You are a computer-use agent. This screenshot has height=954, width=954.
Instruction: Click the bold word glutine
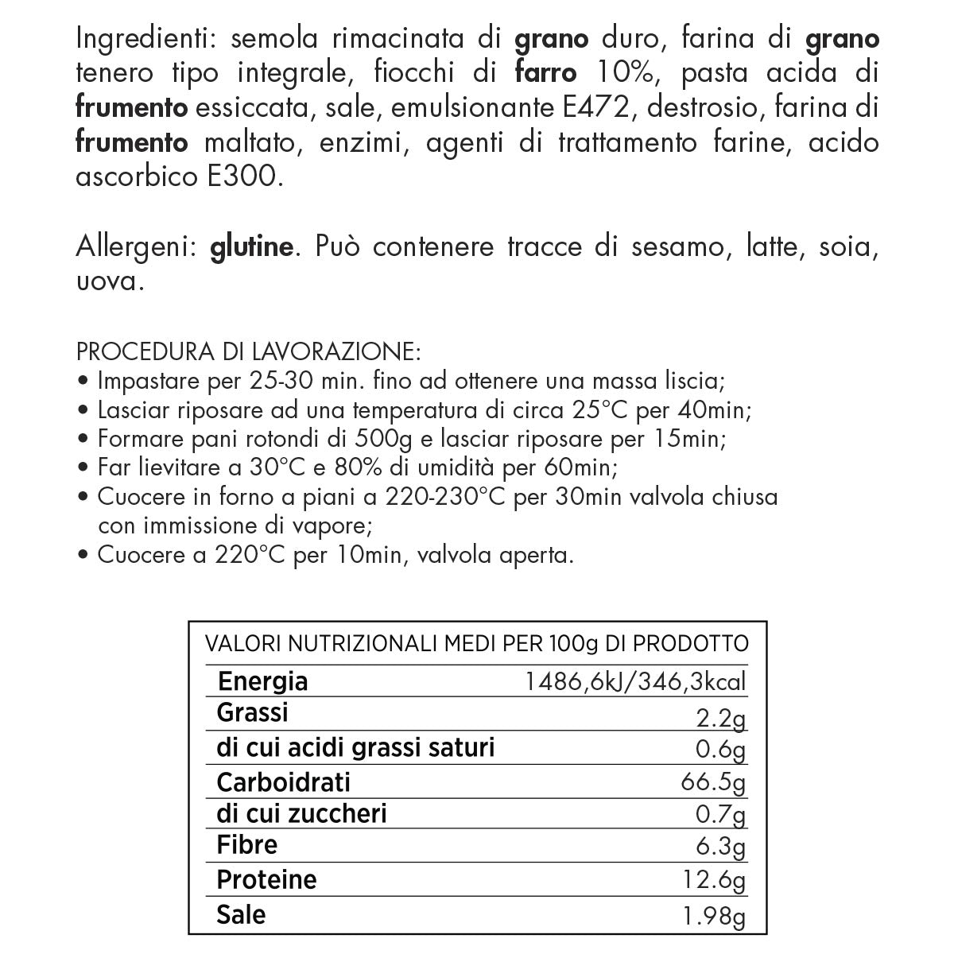[252, 248]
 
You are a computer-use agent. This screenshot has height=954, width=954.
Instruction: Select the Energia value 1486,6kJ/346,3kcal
[635, 682]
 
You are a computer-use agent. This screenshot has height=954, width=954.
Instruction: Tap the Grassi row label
[252, 713]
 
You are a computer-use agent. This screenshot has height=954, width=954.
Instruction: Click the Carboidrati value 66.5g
[713, 782]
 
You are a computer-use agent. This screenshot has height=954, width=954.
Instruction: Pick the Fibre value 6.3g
[719, 847]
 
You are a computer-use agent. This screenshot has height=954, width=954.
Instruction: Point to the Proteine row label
[266, 879]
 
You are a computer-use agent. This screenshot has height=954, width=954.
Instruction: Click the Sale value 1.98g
[713, 917]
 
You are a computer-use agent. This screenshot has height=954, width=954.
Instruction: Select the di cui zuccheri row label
[301, 814]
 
